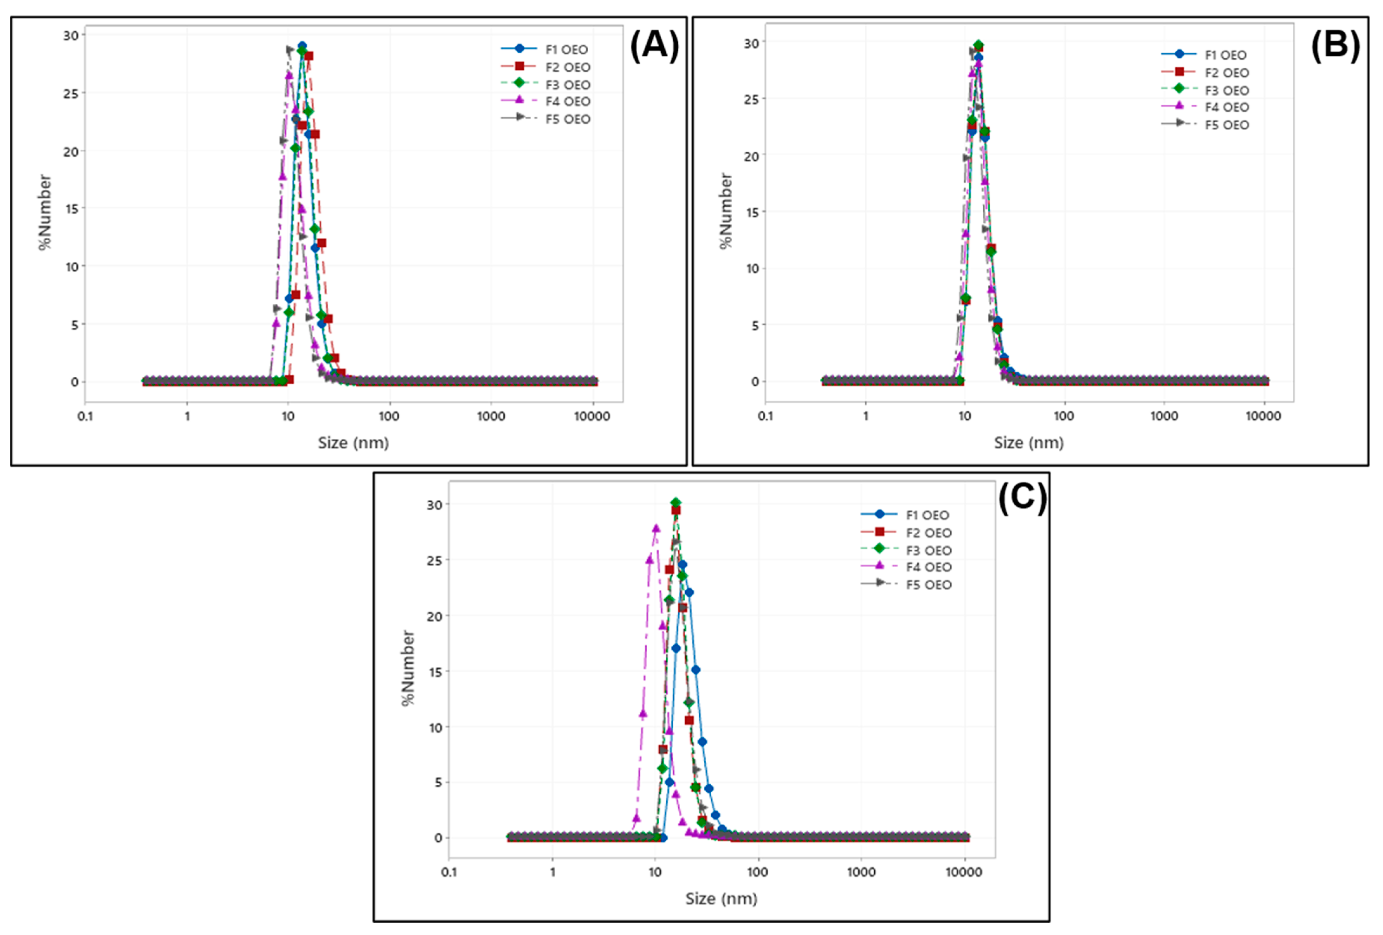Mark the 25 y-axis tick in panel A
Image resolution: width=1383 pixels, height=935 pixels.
[x=71, y=94]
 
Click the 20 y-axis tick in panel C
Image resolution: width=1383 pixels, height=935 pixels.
[x=434, y=616]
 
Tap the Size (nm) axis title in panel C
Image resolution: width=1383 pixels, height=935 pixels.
[x=721, y=899]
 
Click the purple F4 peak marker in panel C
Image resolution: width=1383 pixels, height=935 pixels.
[x=656, y=528]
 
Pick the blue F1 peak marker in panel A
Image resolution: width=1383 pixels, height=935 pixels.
[x=302, y=46]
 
